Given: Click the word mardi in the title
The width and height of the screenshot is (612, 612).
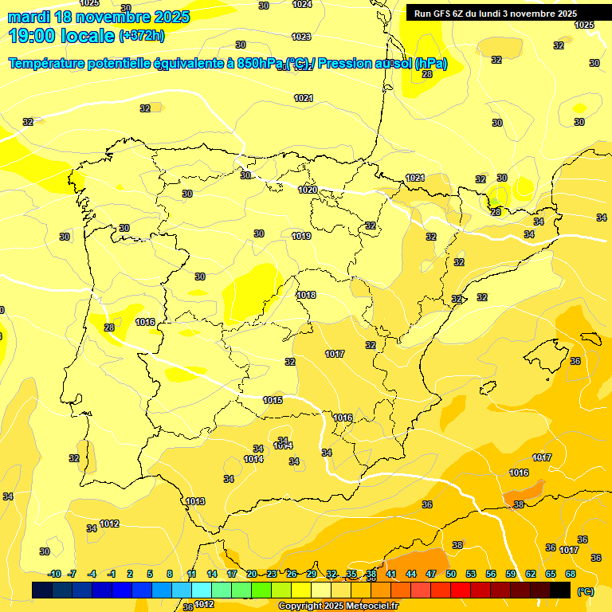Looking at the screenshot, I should coord(31,17).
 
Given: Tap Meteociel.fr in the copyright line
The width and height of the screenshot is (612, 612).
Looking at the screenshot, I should coord(370,606).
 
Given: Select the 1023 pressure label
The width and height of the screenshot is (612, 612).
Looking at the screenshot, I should coord(301,37).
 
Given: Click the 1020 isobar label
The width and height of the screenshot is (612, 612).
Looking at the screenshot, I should coord(308,190).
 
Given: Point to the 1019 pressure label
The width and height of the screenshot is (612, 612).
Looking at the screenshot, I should coord(301,236).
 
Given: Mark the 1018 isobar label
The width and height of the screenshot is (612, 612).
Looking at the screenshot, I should coord(306,295).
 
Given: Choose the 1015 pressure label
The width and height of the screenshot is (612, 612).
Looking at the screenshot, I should coord(273,400).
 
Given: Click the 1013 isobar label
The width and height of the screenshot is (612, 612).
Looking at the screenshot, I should coord(195,501).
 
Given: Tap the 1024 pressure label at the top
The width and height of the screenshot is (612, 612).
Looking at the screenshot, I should coord(302,5).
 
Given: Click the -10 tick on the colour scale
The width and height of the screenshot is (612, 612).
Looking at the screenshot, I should coord(55,575).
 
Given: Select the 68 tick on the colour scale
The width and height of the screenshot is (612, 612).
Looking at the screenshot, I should coord(571,575).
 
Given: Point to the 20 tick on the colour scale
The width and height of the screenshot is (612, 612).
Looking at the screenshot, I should coord(252,575).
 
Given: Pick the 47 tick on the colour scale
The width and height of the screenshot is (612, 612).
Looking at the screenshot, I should coord(431,575).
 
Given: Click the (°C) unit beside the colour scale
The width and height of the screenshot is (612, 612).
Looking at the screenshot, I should coord(586,591).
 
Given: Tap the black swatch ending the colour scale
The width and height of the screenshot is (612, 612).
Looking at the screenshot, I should coord(561,590).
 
